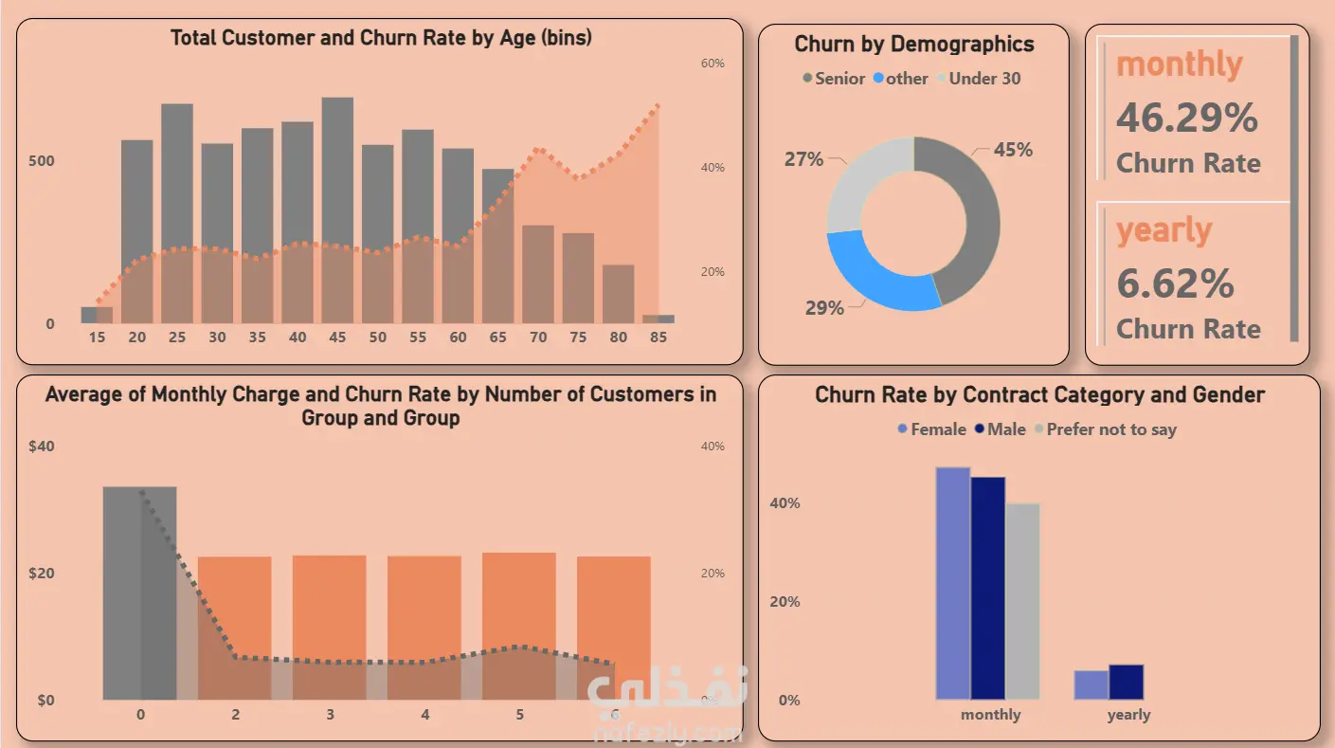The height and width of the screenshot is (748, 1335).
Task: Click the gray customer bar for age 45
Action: point(337,171)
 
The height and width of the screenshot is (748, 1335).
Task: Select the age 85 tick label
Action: point(658,338)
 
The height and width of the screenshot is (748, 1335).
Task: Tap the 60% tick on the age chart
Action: point(713,64)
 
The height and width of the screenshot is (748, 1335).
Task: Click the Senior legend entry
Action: point(833,79)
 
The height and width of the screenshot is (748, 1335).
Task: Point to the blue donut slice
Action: point(876,275)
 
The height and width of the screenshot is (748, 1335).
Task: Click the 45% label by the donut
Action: point(1013,150)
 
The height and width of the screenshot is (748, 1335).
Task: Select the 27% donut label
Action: point(803,159)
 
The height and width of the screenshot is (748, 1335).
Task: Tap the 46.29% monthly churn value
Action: point(1186,118)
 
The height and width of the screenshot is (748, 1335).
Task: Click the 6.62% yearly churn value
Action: point(1175,283)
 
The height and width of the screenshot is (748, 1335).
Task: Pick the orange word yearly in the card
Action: point(1164,230)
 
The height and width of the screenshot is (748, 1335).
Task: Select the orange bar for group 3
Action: point(329,607)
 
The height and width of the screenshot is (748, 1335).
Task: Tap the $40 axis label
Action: point(41,447)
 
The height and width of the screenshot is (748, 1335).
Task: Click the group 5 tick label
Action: point(519,714)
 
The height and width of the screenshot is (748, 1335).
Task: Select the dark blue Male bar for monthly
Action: point(988,588)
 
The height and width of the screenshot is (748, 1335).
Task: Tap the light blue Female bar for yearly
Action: point(1091,684)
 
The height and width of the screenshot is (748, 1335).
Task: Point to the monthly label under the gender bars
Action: point(990,715)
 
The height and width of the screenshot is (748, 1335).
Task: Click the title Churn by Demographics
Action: point(913,44)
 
